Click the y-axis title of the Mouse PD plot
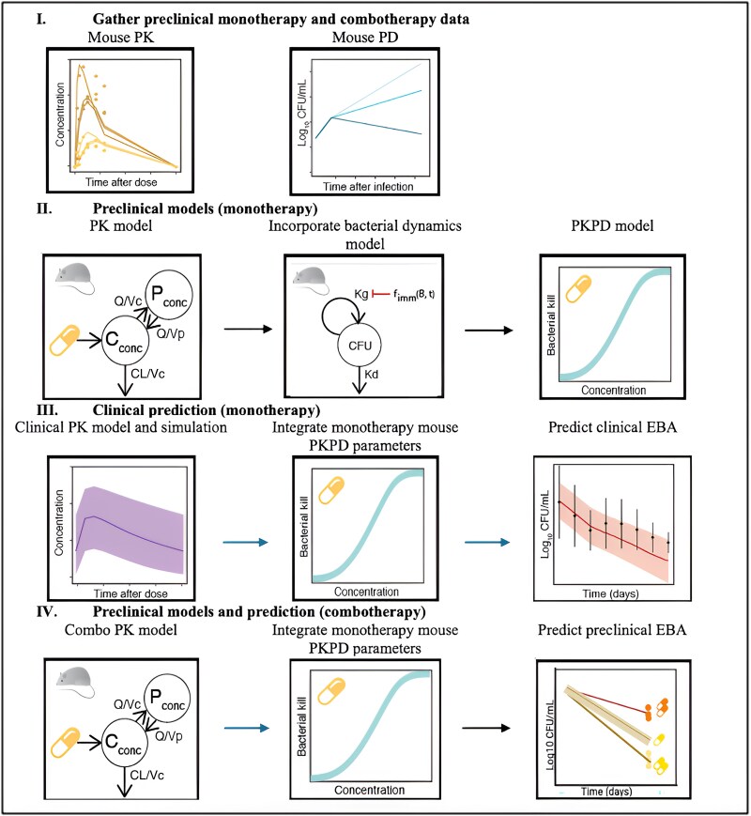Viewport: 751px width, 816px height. tap(302, 120)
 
